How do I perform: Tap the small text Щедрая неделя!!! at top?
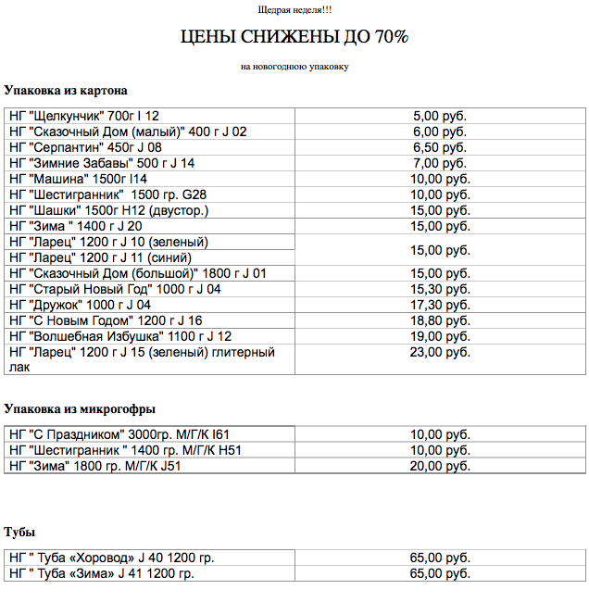point(294,9)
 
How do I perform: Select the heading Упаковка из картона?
point(65,91)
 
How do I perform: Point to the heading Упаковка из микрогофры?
point(80,408)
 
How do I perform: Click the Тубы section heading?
point(19,533)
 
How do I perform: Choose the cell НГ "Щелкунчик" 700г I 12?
point(84,116)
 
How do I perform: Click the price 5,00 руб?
point(440,116)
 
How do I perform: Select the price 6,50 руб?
point(440,147)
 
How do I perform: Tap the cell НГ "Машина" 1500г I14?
point(79,179)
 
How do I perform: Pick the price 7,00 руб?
point(440,163)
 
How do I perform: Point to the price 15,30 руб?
point(440,289)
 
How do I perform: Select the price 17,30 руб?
point(440,305)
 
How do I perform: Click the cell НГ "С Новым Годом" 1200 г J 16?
point(106,320)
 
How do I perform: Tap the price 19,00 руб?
point(440,336)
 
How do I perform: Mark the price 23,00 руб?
point(440,352)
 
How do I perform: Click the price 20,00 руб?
point(440,466)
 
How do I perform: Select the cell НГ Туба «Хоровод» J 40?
point(111,558)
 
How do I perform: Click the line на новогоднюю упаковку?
point(294,67)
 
